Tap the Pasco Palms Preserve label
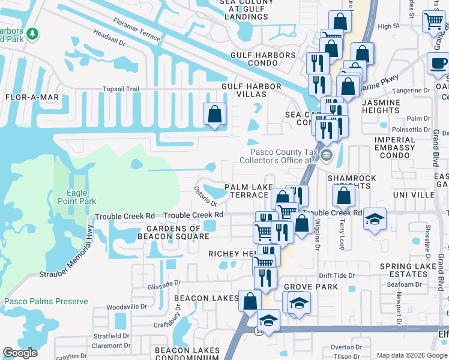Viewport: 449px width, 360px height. point(46,301)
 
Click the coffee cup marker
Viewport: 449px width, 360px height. point(438,63)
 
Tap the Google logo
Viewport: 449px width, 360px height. point(20,353)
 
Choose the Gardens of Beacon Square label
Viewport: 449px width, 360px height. point(178,233)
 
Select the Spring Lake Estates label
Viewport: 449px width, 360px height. point(408,271)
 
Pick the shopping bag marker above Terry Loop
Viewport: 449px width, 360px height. point(343,195)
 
